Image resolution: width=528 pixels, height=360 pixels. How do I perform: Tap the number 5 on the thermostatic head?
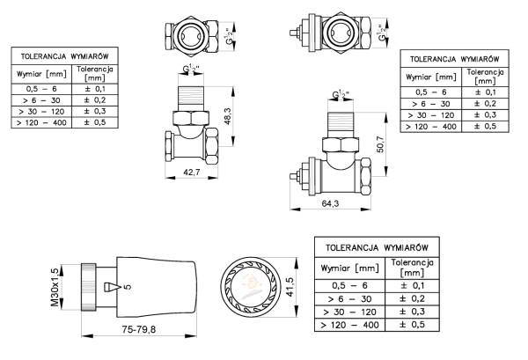pos(128,286)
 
